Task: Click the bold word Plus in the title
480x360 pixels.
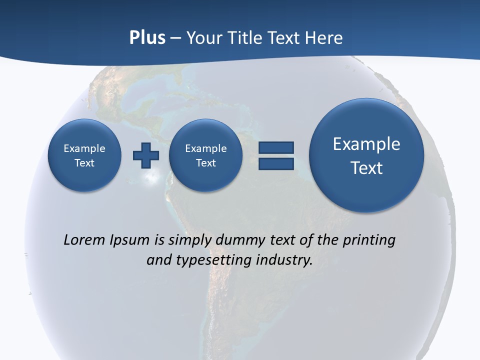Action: pyautogui.click(x=147, y=38)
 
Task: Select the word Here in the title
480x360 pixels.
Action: pyautogui.click(x=324, y=38)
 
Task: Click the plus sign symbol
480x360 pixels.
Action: pyautogui.click(x=146, y=155)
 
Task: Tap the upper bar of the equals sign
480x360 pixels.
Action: pyautogui.click(x=276, y=147)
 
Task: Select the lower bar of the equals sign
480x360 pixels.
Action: pyautogui.click(x=276, y=164)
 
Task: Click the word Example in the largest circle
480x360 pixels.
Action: pyautogui.click(x=366, y=144)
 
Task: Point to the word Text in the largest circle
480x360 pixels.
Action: pyautogui.click(x=366, y=168)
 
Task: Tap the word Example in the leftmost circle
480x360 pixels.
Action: pyautogui.click(x=84, y=148)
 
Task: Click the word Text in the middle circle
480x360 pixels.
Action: pyautogui.click(x=205, y=163)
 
